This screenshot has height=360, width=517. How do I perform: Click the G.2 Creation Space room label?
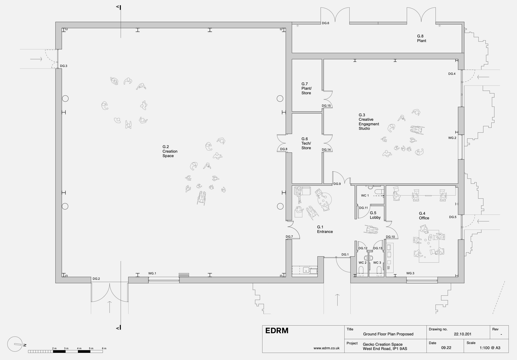(x=170, y=151)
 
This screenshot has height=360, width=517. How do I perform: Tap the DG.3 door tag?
(x=63, y=66)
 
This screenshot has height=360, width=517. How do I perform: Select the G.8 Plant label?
(x=421, y=38)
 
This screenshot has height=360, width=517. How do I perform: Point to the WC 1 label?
(x=365, y=196)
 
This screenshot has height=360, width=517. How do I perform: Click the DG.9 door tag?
(x=337, y=184)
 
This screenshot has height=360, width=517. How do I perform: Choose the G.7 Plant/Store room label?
(x=306, y=88)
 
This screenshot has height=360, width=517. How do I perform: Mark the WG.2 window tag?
(x=452, y=138)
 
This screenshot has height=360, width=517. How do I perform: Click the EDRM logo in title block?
(x=277, y=331)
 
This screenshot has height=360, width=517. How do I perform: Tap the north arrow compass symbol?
(x=15, y=344)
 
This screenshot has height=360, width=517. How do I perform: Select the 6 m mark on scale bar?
(x=104, y=349)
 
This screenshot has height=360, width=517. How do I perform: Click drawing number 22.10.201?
(x=462, y=334)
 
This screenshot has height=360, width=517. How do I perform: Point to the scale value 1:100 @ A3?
(x=490, y=348)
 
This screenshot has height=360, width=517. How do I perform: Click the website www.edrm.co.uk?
(x=326, y=348)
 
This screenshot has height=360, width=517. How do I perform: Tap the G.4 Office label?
(x=424, y=216)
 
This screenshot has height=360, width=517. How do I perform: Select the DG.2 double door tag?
(x=96, y=279)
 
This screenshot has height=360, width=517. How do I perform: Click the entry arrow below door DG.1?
(x=337, y=300)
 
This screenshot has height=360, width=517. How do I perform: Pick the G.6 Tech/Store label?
(x=306, y=143)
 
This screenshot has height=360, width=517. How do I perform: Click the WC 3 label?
(x=377, y=263)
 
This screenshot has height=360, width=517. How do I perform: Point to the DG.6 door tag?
(x=325, y=23)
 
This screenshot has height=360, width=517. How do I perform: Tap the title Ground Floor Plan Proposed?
(x=388, y=334)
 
